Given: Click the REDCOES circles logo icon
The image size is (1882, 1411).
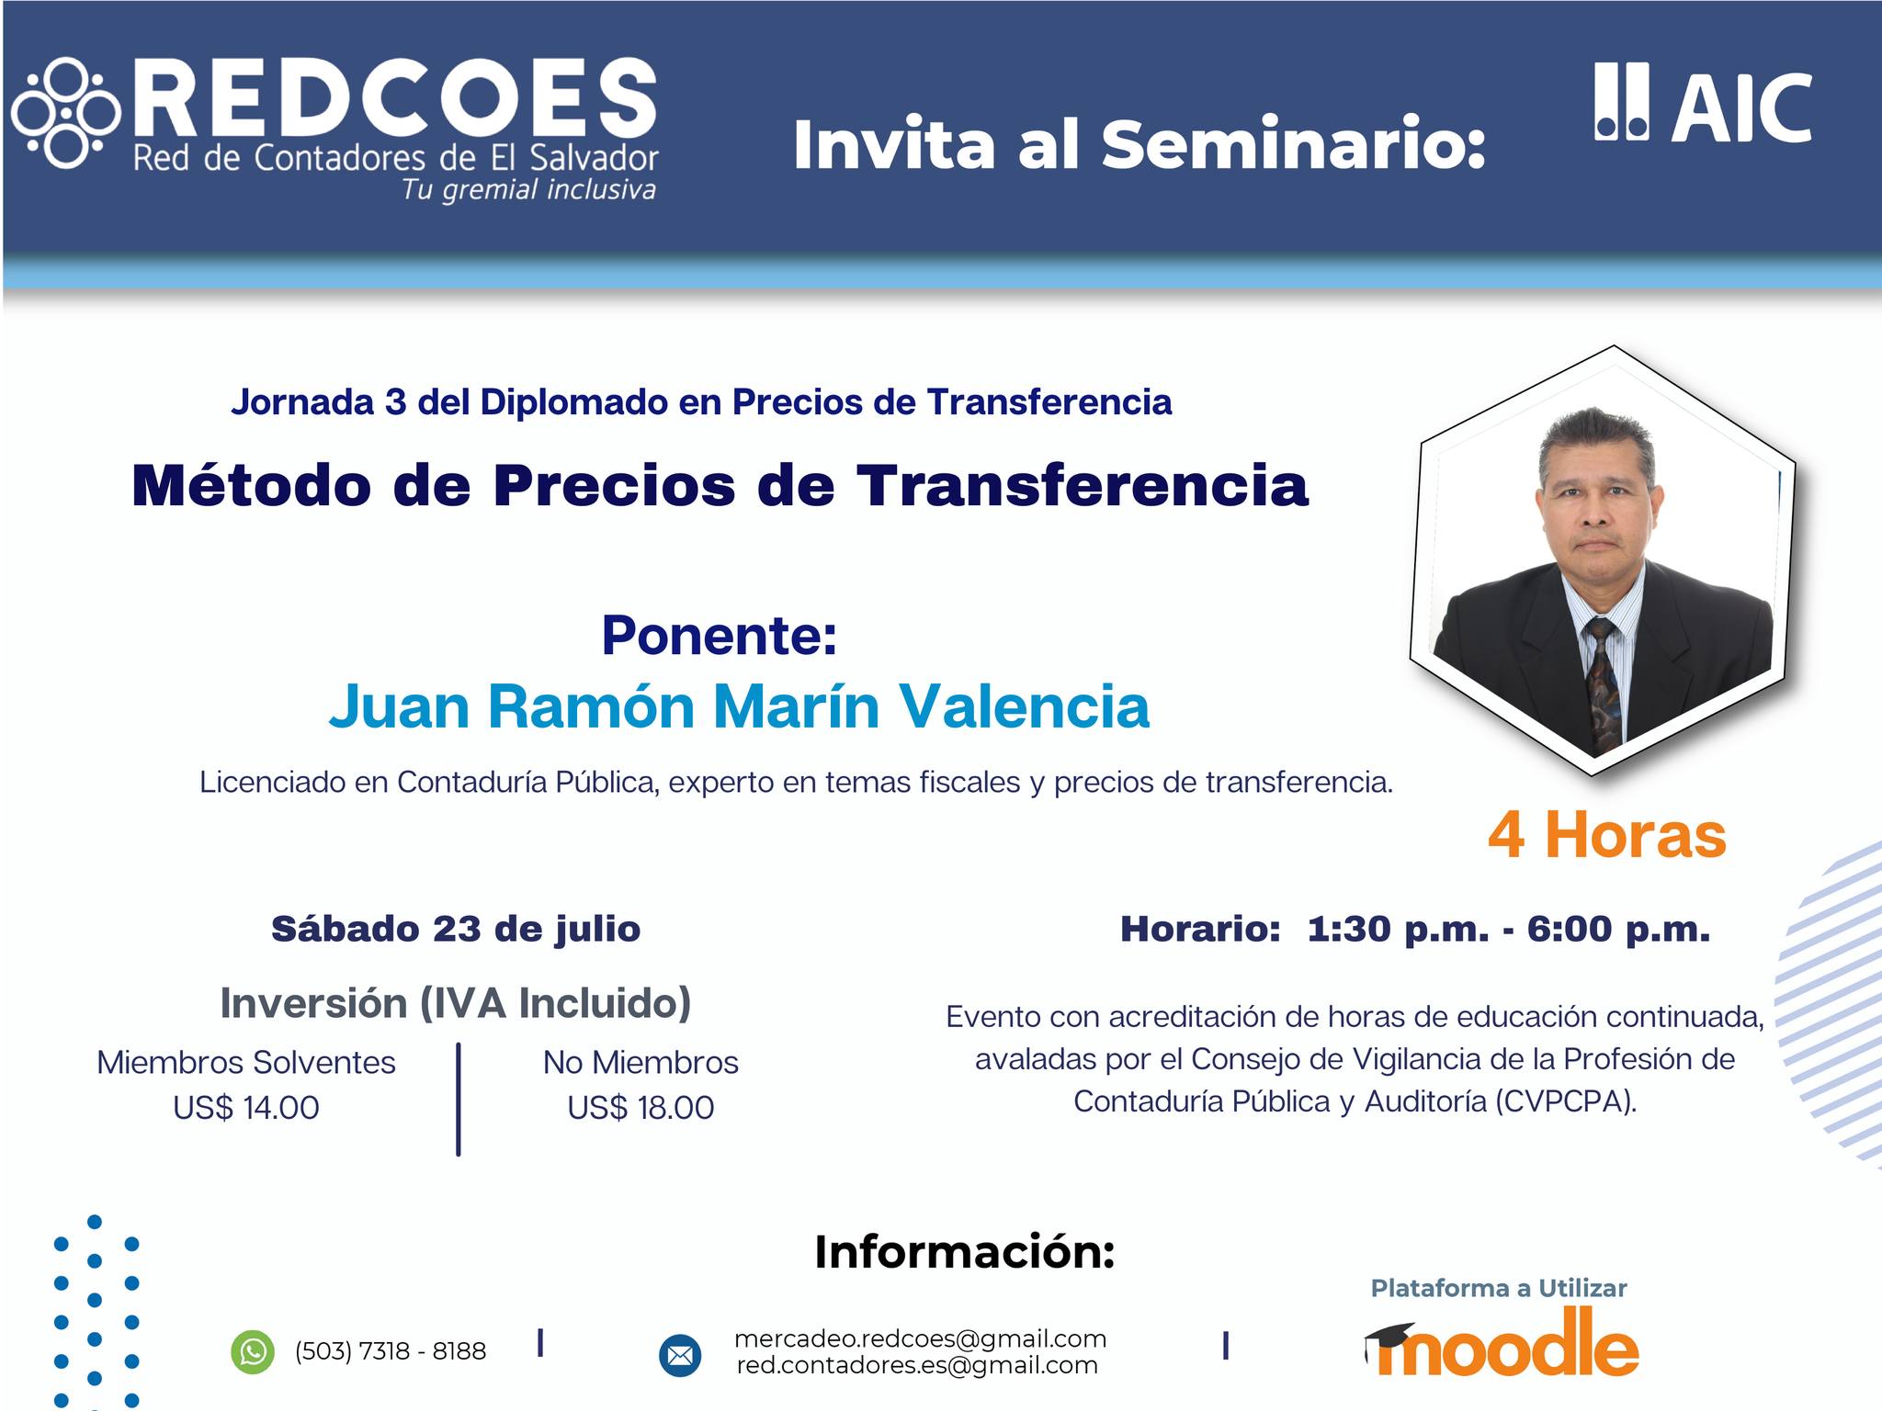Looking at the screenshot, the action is click(66, 114).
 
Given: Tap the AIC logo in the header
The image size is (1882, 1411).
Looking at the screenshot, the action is click(1703, 103).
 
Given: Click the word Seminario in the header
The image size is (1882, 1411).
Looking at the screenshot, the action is click(1294, 145).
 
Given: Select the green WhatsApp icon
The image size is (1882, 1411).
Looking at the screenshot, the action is click(253, 1351).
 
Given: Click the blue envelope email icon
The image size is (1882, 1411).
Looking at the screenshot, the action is click(680, 1355).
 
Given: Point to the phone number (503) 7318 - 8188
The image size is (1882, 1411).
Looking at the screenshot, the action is click(391, 1351).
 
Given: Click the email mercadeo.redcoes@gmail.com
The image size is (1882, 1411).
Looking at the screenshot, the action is click(920, 1339).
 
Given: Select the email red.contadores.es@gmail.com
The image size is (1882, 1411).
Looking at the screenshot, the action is click(917, 1366).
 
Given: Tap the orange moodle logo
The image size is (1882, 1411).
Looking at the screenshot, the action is click(1502, 1343).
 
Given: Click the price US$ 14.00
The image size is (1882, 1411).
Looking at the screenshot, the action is click(246, 1108).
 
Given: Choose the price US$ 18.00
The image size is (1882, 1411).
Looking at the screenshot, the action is click(641, 1108).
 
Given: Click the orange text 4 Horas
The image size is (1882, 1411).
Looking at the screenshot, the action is click(1607, 835).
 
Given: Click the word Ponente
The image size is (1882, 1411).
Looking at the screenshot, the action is click(720, 635).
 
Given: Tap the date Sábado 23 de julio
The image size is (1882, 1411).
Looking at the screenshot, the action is click(456, 930).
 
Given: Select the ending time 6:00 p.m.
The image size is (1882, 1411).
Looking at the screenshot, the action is click(1619, 930).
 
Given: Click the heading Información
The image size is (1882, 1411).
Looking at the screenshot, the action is click(965, 1252).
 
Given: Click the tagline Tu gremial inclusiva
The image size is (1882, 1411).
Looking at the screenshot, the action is click(528, 190).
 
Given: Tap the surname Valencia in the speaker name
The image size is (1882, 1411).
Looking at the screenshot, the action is click(1024, 706).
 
